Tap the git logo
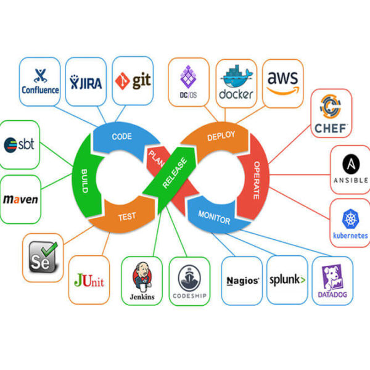(x=133, y=81)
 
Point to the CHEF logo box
(x=331, y=113)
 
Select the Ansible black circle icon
(x=350, y=164)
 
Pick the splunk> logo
(x=287, y=279)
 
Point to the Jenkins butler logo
(x=142, y=276)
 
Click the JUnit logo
(x=89, y=281)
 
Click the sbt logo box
(x=20, y=145)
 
